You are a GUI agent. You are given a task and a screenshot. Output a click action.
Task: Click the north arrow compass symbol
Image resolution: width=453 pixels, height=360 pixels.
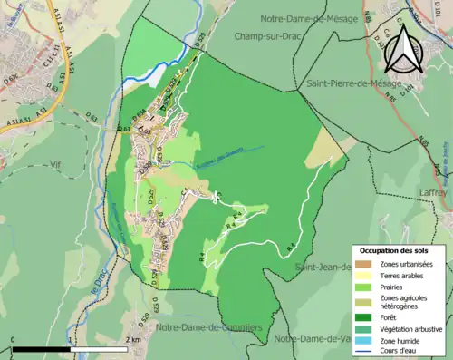coord(402,49)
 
